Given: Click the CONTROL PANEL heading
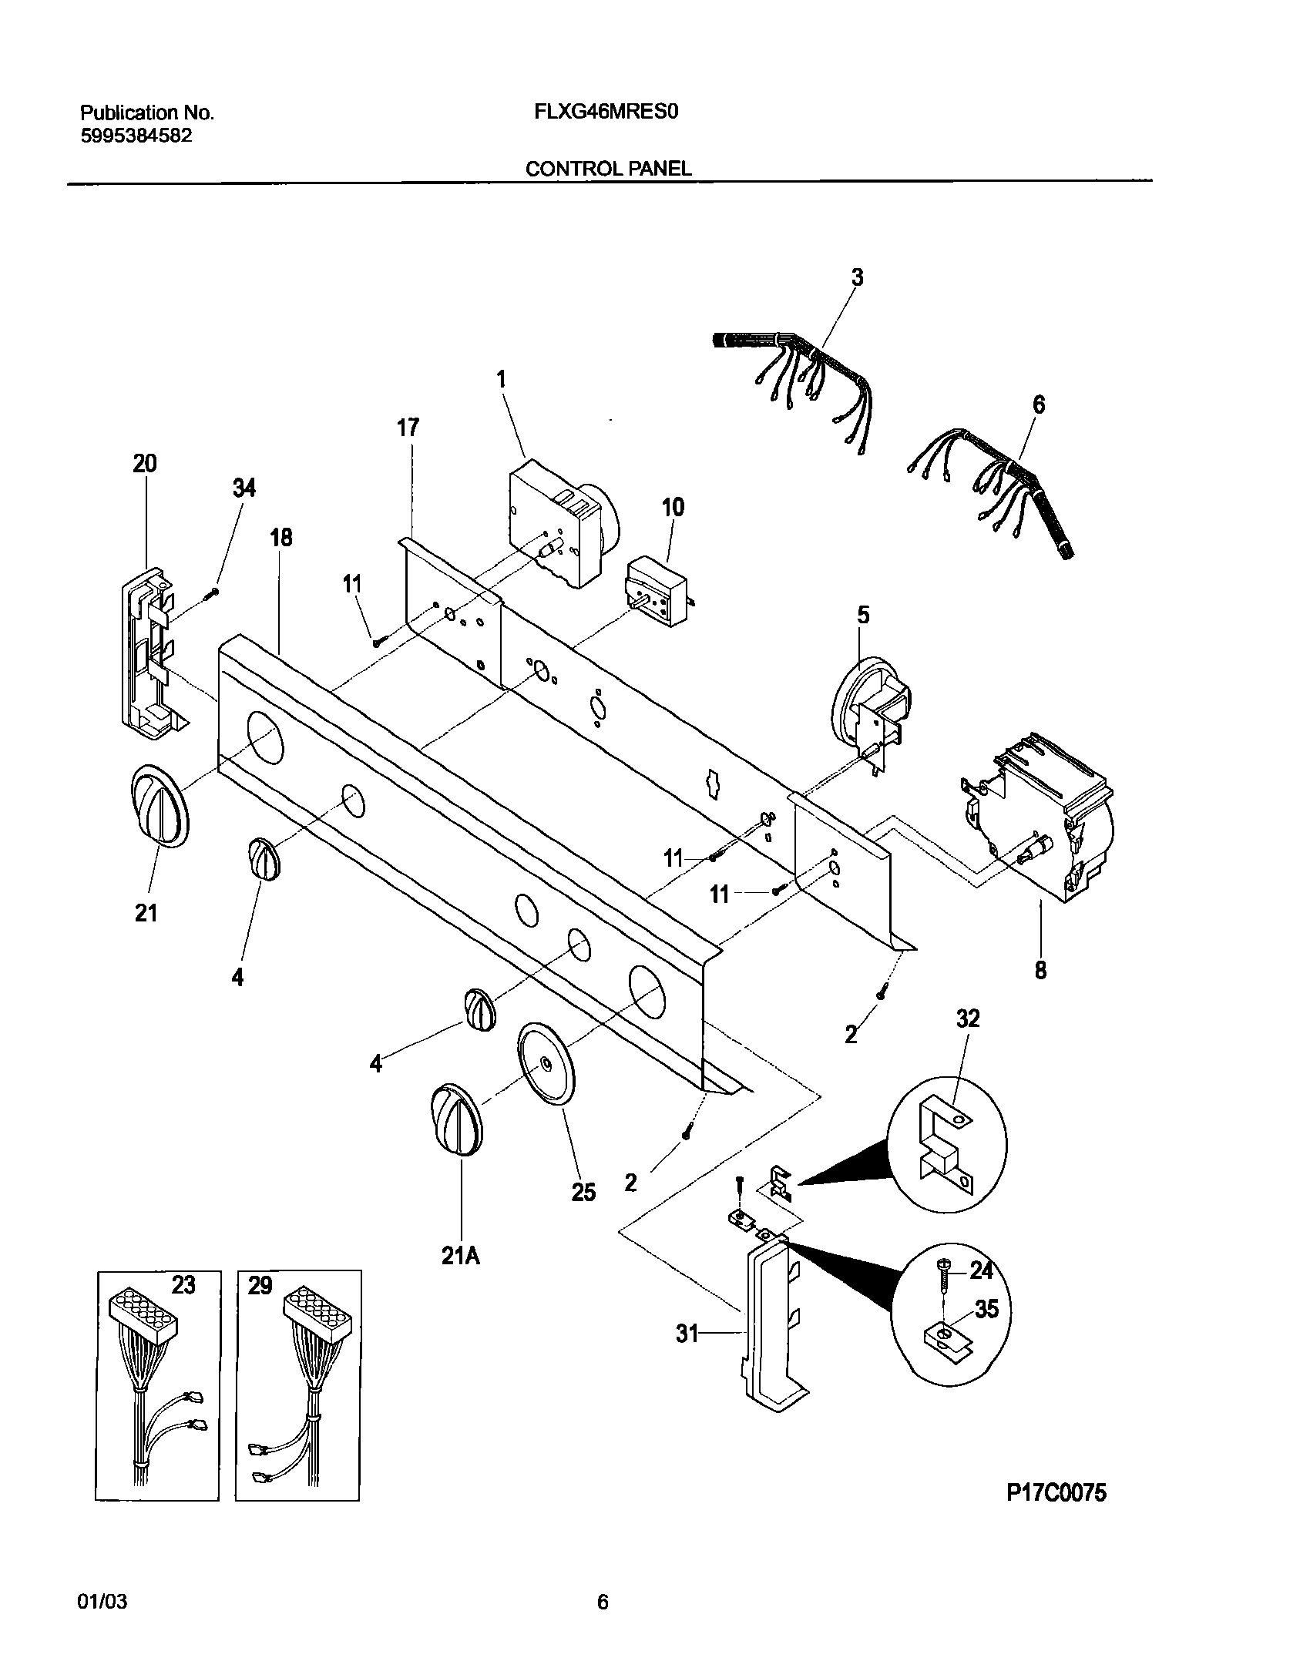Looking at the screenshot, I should click(608, 169).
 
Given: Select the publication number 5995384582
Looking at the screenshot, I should click(136, 136).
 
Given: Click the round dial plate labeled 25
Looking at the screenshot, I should click(546, 1065).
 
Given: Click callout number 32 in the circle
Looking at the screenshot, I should click(968, 1019).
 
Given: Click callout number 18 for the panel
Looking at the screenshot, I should click(281, 537).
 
